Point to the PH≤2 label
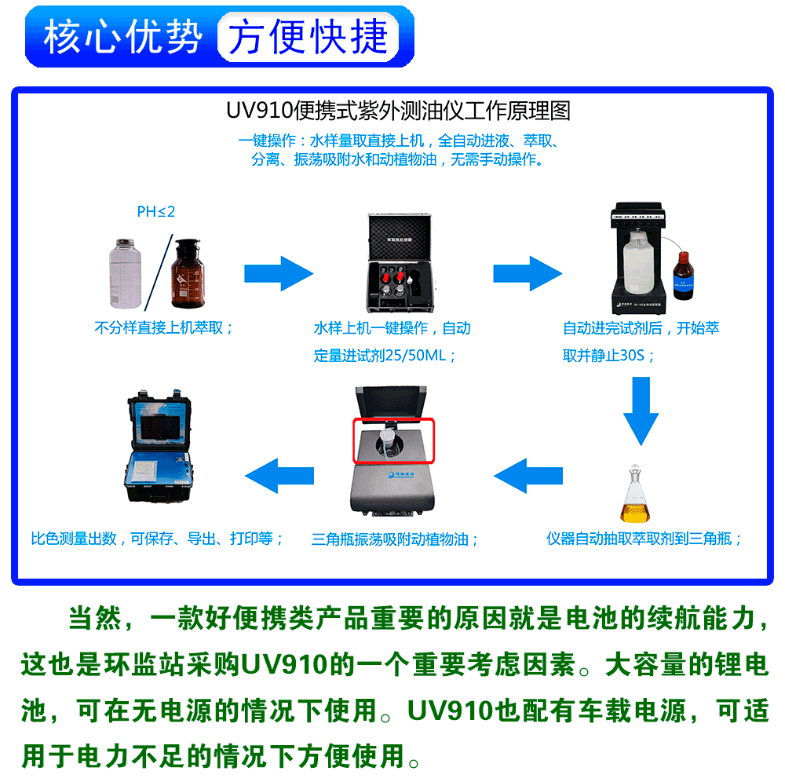pos(155,211)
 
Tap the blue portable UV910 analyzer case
pos(159,447)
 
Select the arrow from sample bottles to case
pos(279,274)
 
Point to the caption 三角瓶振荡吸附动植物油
pos(395,539)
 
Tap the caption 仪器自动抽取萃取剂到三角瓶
pos(644,539)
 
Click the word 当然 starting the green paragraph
pos(93,618)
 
